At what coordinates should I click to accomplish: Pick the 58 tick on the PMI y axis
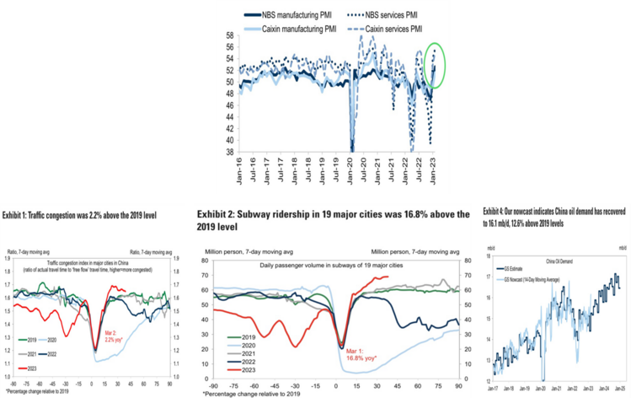230,36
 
